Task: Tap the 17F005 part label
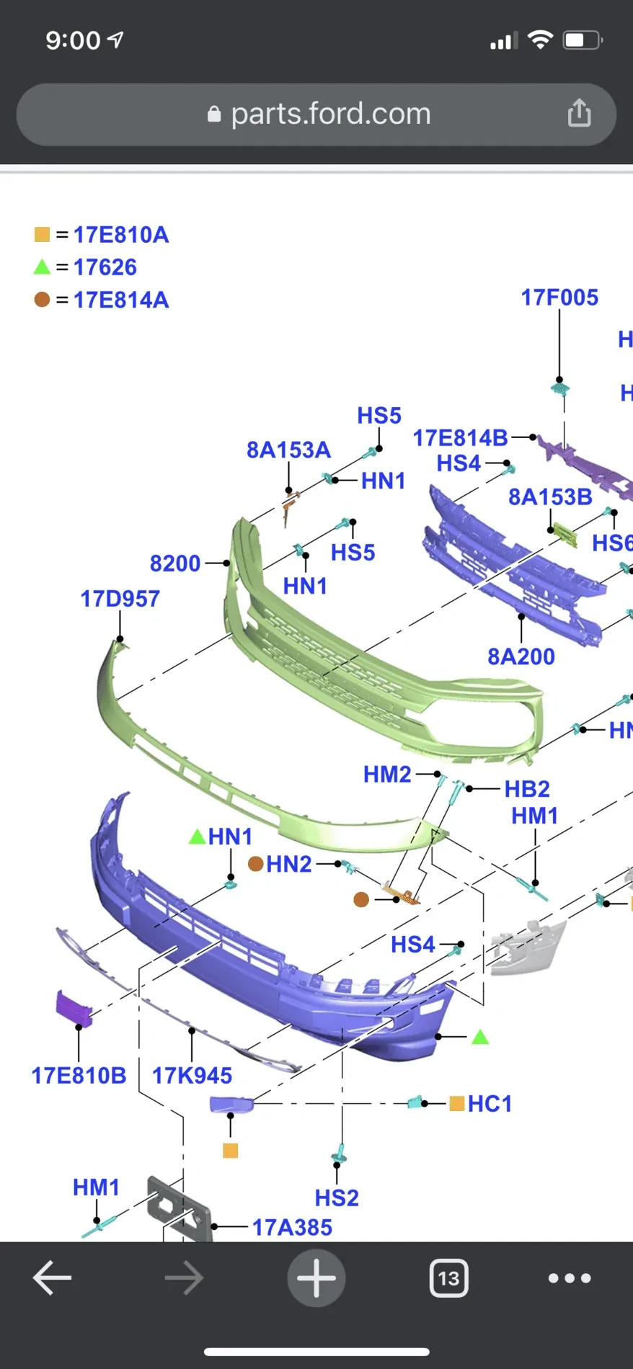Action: (559, 298)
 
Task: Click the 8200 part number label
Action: (175, 563)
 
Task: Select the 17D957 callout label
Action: (120, 599)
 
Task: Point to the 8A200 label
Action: (521, 656)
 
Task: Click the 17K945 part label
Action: (192, 1076)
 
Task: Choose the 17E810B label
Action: (79, 1076)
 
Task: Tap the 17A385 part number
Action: (292, 1227)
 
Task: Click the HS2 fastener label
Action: (337, 1198)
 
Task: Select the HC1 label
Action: (490, 1104)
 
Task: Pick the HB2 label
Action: (527, 789)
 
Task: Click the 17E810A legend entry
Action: (121, 235)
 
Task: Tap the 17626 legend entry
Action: (105, 267)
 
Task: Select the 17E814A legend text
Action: (121, 300)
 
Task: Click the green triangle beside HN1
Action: (197, 837)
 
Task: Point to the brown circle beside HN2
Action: (255, 863)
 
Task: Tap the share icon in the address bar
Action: (579, 114)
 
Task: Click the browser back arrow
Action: (52, 1278)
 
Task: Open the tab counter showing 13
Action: (448, 1278)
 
